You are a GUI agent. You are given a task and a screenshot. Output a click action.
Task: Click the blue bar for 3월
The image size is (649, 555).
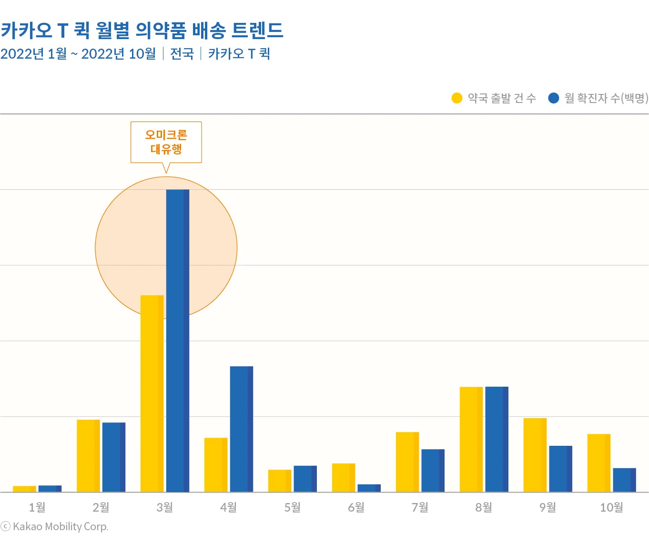point(177,340)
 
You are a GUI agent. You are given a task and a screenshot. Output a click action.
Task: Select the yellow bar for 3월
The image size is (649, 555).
point(152,393)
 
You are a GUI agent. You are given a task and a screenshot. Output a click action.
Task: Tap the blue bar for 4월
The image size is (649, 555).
point(241,429)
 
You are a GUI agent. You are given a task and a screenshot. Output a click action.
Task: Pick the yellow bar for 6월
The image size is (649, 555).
point(344,477)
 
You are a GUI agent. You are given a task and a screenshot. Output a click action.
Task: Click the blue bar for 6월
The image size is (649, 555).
point(369,488)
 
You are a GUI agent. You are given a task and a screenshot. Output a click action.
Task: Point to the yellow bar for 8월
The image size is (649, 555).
point(471,439)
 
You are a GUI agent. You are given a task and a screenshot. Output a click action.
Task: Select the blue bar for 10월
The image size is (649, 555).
point(624,480)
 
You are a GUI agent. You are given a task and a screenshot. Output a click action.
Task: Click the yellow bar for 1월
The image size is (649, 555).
point(24,489)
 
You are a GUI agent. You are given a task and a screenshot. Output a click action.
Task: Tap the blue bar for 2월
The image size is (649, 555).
point(114,457)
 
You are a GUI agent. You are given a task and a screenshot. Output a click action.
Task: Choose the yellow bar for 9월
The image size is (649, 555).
point(535,455)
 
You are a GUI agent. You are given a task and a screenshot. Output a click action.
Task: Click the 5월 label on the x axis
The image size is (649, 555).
point(292,507)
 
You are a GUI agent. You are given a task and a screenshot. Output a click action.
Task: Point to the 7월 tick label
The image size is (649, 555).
point(420,507)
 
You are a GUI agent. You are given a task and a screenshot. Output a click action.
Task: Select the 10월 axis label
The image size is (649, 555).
point(611,507)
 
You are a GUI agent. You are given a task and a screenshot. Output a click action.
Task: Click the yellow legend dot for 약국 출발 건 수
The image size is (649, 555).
point(457,98)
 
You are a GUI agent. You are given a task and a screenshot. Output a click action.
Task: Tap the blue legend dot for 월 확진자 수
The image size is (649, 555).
point(553,98)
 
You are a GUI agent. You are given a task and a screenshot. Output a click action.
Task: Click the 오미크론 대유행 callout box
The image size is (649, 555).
point(166,142)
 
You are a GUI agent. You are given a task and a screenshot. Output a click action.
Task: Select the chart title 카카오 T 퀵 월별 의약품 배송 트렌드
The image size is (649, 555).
point(142,30)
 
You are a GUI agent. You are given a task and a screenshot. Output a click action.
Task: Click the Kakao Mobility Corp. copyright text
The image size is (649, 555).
point(55,526)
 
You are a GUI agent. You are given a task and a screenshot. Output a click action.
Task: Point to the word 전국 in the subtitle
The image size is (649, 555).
point(182,53)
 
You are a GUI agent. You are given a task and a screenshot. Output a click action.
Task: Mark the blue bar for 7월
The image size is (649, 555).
point(433,470)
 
